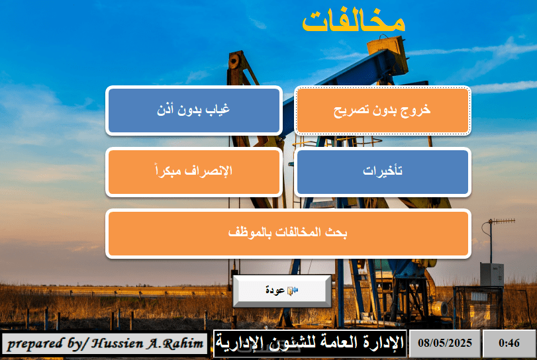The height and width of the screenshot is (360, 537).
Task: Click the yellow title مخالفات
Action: [x=354, y=22]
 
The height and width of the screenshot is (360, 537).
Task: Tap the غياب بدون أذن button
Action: [x=194, y=111]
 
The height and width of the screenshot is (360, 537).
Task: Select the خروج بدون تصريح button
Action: [x=383, y=111]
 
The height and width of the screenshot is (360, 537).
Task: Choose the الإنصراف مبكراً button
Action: [x=194, y=172]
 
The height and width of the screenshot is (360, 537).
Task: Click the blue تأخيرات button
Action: [x=383, y=172]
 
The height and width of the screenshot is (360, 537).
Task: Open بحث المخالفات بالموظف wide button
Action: [x=288, y=234]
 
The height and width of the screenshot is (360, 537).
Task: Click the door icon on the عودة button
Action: [x=292, y=291]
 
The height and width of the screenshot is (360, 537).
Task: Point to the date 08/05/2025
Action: [x=445, y=343]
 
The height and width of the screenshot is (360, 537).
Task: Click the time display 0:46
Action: [x=509, y=343]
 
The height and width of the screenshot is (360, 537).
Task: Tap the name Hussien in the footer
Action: [x=117, y=343]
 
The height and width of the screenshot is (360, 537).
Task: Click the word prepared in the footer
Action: [x=35, y=344]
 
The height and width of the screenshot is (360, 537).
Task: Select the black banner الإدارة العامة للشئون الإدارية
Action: [x=310, y=343]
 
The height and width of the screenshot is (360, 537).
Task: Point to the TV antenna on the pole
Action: [x=502, y=222]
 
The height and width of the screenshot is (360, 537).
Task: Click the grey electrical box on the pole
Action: [x=491, y=274]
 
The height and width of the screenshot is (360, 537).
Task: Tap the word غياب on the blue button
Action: [x=217, y=109]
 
